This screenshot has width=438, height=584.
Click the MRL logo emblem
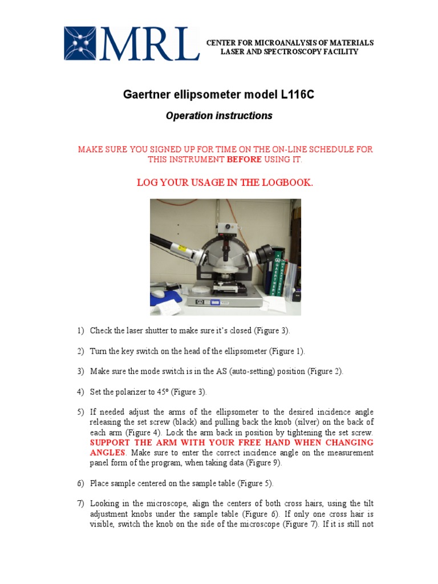coord(82,43)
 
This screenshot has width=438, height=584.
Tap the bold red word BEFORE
coord(244,160)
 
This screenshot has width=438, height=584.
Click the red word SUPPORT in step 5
coord(112,443)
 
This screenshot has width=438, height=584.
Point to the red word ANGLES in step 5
coord(107,453)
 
